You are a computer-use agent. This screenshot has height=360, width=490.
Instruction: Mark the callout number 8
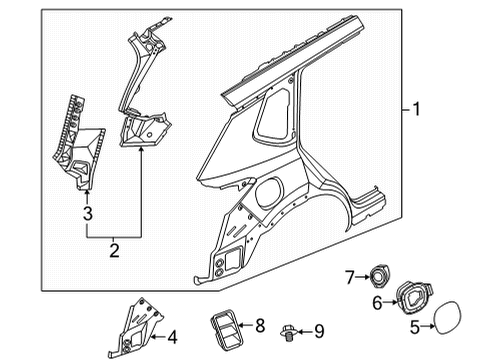[260, 324]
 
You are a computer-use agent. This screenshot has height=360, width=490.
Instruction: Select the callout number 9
[319, 329]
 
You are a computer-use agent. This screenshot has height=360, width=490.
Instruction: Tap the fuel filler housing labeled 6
[414, 297]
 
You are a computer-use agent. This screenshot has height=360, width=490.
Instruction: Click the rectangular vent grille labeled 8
[221, 326]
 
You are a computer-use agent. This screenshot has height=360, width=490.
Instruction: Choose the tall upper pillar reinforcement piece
[140, 80]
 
